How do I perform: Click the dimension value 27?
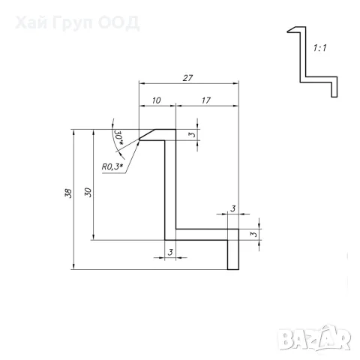pyautogui.click(x=187, y=78)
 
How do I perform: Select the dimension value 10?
pyautogui.click(x=157, y=100)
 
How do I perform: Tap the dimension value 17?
pyautogui.click(x=206, y=100)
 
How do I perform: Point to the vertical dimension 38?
pyautogui.click(x=68, y=193)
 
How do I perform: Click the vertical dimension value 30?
pyautogui.click(x=88, y=192)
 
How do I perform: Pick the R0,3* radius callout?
pyautogui.click(x=112, y=166)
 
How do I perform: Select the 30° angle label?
pyautogui.click(x=119, y=137)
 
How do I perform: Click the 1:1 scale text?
pyautogui.click(x=320, y=48)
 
